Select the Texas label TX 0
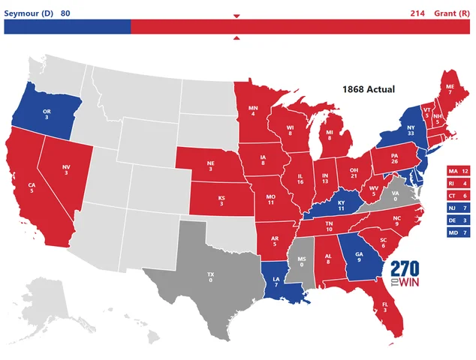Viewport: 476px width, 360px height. point(210,278)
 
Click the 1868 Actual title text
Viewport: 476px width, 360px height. point(369,88)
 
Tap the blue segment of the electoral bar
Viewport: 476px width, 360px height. point(68,27)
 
